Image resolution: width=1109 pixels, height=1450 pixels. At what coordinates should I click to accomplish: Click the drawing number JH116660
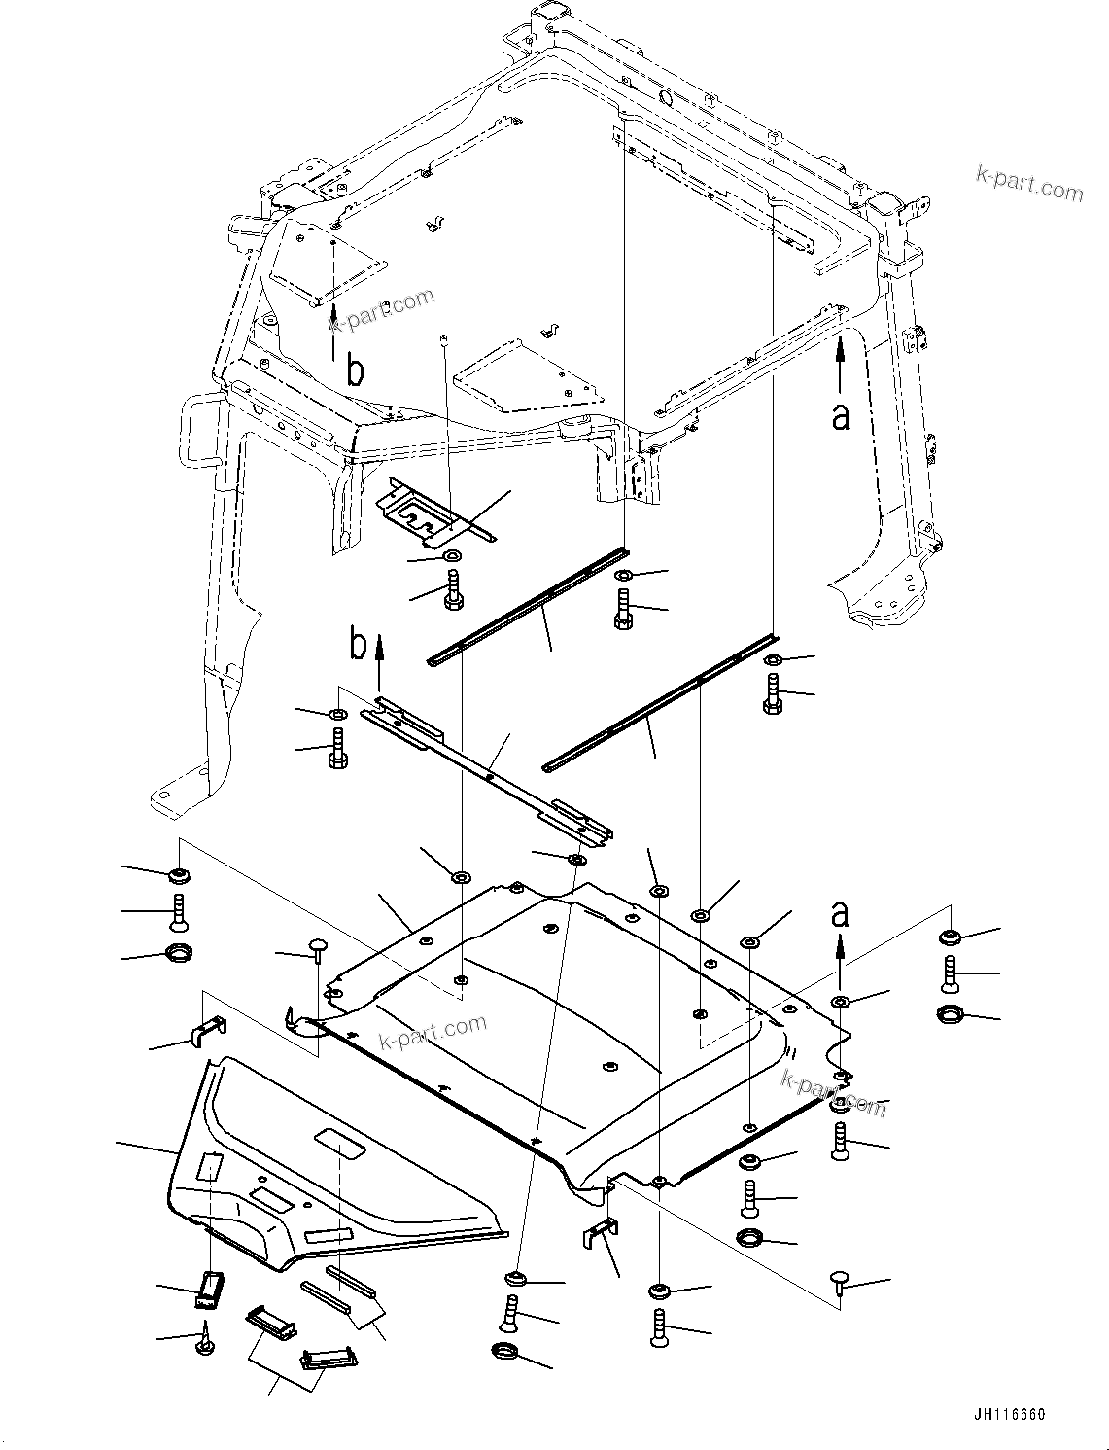1007,1415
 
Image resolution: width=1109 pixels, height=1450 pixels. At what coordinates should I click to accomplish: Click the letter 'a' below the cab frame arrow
841,415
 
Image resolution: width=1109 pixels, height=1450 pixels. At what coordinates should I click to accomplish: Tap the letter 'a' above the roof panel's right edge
841,914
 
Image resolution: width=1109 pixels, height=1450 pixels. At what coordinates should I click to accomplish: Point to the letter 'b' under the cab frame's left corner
356,371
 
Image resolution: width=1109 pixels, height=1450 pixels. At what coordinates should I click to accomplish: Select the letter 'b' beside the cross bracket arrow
360,645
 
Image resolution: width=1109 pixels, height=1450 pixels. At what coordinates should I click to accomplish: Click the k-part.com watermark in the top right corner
1029,181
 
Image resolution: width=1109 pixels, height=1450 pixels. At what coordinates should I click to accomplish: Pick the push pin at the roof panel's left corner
318,945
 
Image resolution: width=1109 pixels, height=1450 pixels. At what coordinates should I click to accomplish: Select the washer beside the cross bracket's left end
336,717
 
